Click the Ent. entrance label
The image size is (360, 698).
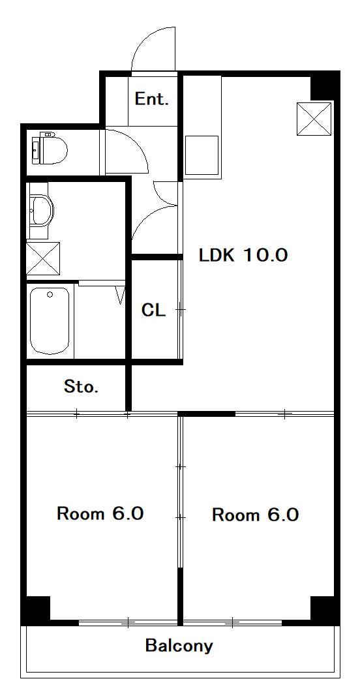pos(152,99)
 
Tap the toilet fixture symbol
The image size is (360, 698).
pos(49,148)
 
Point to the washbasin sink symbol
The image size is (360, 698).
pos(40,210)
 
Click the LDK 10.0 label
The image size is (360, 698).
pos(243,255)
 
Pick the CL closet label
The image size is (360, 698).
pos(153,310)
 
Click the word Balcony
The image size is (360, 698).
pos(179,646)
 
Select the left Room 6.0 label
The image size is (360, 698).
pos(100,513)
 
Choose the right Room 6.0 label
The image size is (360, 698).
pos(255,515)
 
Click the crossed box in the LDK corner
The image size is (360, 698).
pos(314,119)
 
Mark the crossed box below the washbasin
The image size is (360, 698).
pos(43,258)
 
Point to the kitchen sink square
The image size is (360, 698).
pos(202,155)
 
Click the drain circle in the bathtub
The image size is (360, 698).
pos(50,294)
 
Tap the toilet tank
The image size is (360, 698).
pos(36,148)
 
